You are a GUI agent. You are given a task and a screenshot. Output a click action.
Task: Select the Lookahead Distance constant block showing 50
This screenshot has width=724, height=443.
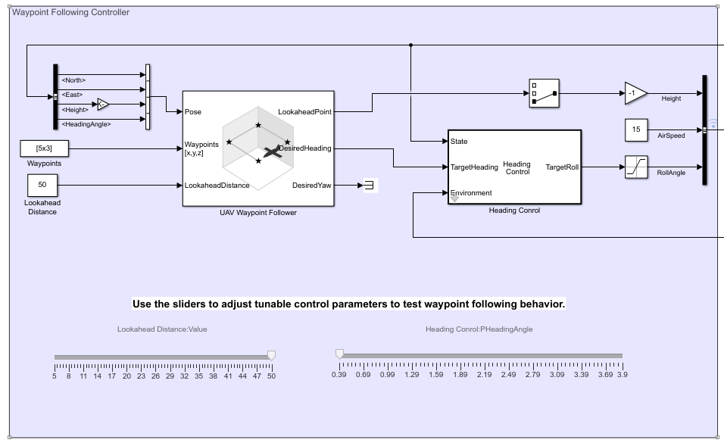pyautogui.click(x=42, y=184)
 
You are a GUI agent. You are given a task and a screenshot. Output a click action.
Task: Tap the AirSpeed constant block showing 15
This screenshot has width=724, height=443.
pyautogui.click(x=636, y=129)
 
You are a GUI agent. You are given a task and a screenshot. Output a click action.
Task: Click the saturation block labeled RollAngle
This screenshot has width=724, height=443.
pyautogui.click(x=636, y=167)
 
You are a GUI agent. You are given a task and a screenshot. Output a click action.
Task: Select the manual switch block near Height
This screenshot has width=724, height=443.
pyautogui.click(x=544, y=93)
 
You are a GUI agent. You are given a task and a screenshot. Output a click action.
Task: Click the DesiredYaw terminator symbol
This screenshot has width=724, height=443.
pyautogui.click(x=370, y=185)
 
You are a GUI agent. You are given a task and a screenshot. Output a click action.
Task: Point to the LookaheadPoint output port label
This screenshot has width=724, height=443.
pyautogui.click(x=304, y=112)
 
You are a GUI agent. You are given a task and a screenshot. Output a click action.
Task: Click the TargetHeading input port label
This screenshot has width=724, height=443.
pyautogui.click(x=474, y=167)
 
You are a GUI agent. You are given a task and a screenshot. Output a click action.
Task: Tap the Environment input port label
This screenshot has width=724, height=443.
pyautogui.click(x=471, y=193)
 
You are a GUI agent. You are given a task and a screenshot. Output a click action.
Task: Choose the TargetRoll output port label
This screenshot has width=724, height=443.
pyautogui.click(x=562, y=167)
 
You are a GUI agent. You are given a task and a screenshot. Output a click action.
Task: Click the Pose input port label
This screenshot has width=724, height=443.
pyautogui.click(x=193, y=112)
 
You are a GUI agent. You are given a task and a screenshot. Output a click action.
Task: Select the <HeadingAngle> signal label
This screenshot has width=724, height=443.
pyautogui.click(x=86, y=124)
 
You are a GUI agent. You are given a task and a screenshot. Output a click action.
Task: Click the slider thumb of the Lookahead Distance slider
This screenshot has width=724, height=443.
pyautogui.click(x=272, y=355)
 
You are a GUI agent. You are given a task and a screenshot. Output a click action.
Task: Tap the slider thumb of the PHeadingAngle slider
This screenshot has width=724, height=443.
pyautogui.click(x=339, y=354)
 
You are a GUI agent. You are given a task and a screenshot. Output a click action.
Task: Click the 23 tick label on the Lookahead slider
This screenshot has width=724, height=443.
pyautogui.click(x=141, y=376)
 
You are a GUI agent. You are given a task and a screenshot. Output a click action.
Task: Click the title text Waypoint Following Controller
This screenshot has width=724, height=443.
pyautogui.click(x=70, y=12)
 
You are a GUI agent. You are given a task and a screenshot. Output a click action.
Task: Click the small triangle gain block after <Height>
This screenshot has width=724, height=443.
pyautogui.click(x=103, y=104)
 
